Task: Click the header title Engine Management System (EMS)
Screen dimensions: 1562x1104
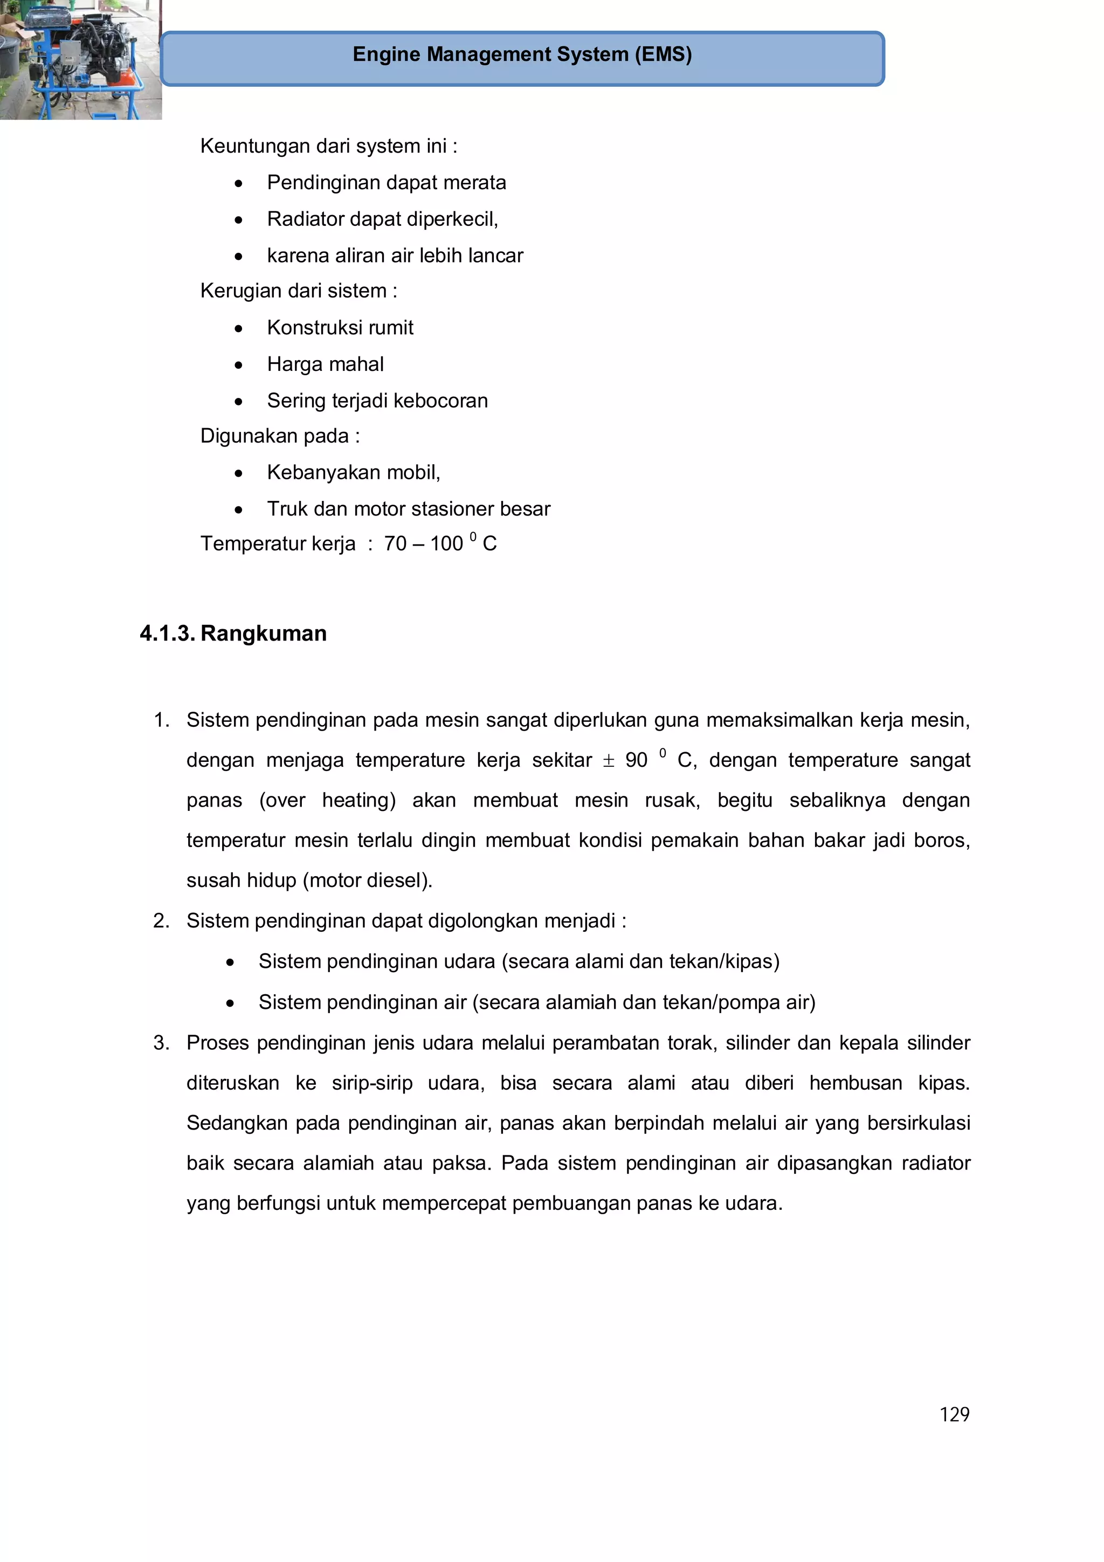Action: tap(522, 54)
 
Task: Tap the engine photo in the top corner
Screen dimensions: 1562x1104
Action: tap(80, 60)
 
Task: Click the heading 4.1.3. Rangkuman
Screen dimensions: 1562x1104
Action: tap(233, 634)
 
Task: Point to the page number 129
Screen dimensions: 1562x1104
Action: tap(954, 1414)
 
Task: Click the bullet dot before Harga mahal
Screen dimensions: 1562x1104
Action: tap(238, 366)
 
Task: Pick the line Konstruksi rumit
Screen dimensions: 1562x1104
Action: tap(340, 327)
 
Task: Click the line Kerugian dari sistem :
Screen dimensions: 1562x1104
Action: tap(298, 291)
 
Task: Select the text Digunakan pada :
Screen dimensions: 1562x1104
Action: tap(280, 436)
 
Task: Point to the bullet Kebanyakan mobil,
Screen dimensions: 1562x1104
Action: tap(353, 472)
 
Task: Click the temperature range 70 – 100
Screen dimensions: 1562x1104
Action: tap(423, 543)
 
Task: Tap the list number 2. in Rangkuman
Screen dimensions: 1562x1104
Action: tap(161, 920)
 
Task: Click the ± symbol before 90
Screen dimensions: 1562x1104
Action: tap(608, 761)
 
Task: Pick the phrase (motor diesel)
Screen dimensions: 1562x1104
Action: tap(367, 880)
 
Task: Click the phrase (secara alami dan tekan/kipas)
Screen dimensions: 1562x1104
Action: tap(640, 961)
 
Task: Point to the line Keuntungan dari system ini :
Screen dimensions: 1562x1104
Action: tap(328, 146)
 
